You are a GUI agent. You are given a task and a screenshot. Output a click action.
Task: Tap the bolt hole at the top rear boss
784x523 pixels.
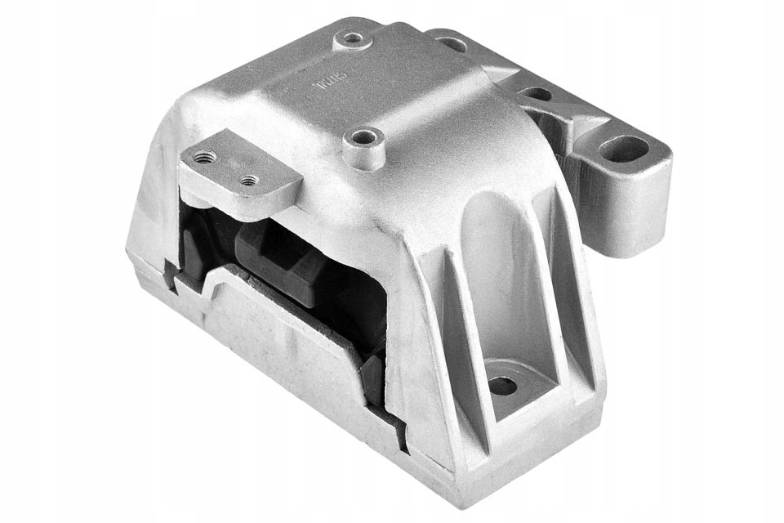point(353,38)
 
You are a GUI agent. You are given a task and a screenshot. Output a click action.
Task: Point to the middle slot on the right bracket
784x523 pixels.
point(537,94)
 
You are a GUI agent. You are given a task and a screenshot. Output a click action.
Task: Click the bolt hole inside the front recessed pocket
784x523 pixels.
point(502,385)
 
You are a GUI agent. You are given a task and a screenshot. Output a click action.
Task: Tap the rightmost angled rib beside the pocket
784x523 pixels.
point(576,311)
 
